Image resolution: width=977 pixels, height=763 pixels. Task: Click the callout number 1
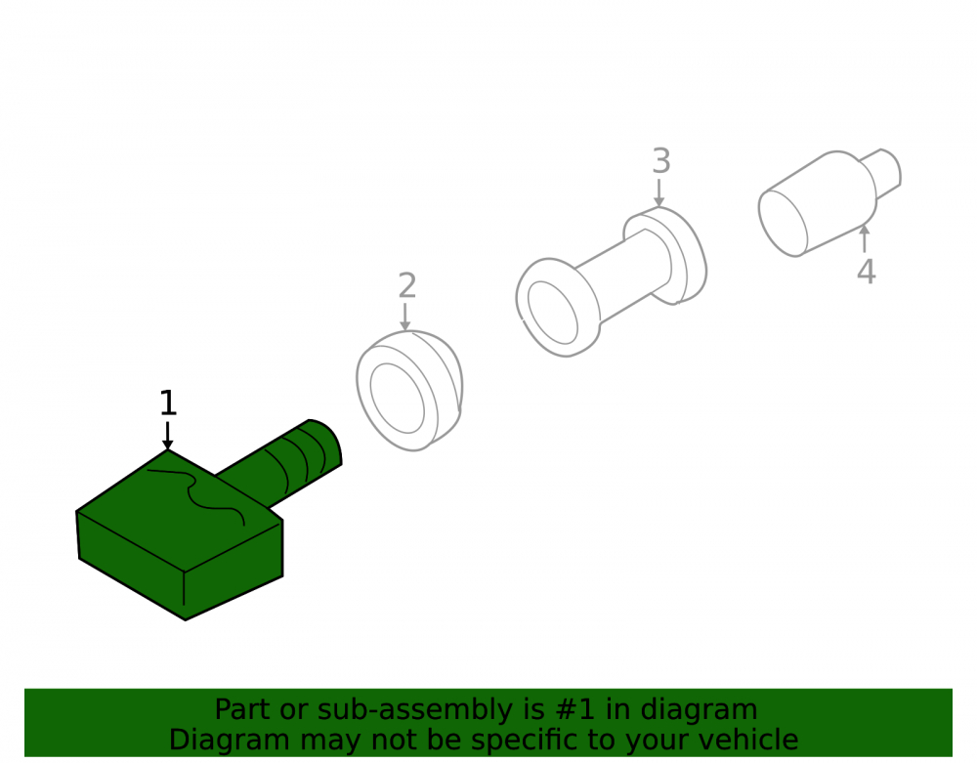point(168,403)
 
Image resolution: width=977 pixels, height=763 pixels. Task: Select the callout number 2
point(406,285)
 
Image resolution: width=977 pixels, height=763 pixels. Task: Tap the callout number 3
point(661,160)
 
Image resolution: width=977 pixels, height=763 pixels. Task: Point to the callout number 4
point(866,272)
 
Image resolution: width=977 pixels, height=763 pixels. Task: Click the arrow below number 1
point(167,436)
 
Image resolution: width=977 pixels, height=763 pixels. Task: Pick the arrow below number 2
point(405,317)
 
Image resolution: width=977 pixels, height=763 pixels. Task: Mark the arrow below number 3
point(658,192)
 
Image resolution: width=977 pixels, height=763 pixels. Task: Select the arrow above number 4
point(865,238)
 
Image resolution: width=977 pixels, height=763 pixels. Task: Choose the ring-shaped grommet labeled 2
point(408,391)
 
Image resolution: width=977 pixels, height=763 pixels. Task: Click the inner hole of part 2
point(397,398)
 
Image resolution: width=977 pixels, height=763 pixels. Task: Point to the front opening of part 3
point(553,312)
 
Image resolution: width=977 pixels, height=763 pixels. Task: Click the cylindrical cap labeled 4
point(828,203)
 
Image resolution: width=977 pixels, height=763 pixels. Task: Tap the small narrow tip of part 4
point(883,171)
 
